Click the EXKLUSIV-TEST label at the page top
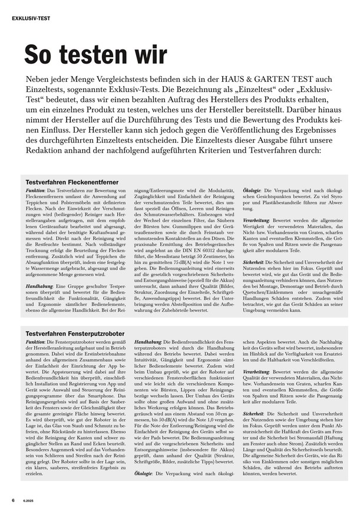[31, 18]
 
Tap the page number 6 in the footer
[13, 500]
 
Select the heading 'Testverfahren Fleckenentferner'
[72, 184]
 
